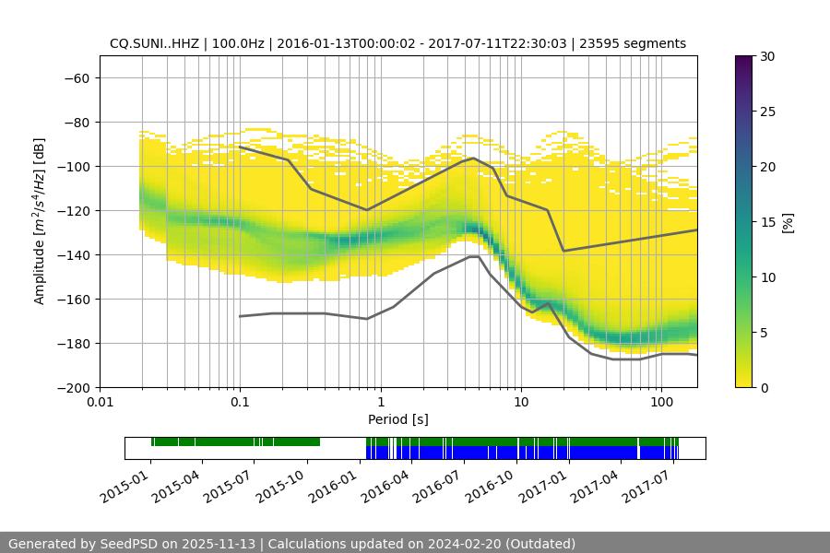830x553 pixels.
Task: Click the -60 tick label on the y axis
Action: (x=75, y=77)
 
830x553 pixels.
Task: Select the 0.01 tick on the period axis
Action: (x=100, y=402)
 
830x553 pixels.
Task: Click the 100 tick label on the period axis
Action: (x=661, y=402)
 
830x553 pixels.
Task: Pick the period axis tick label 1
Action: (x=381, y=402)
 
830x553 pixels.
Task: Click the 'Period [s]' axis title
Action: (x=397, y=419)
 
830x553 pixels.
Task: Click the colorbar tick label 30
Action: (x=766, y=56)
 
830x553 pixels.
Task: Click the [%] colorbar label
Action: (x=788, y=221)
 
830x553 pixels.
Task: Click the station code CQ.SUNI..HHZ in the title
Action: (x=152, y=43)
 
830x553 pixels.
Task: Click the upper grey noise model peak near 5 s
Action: (x=474, y=158)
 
